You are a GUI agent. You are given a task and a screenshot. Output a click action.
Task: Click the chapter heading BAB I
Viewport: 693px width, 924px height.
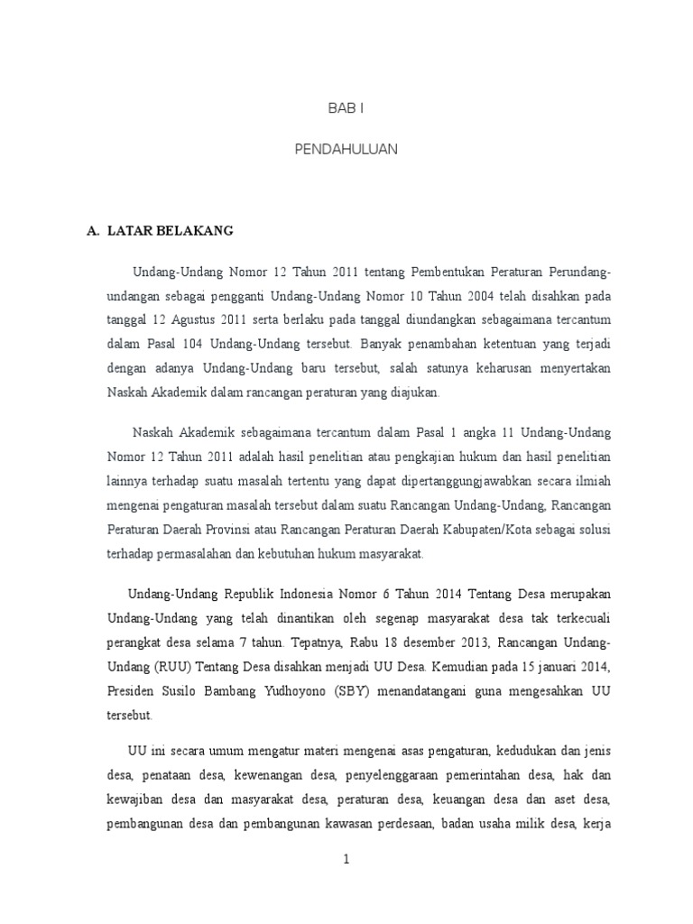pos(346,108)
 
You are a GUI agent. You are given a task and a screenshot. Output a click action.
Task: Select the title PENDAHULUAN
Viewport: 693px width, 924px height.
pos(346,149)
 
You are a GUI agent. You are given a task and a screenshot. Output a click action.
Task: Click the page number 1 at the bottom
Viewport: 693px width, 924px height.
pos(346,860)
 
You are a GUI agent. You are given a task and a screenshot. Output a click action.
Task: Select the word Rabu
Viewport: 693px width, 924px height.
pos(361,642)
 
